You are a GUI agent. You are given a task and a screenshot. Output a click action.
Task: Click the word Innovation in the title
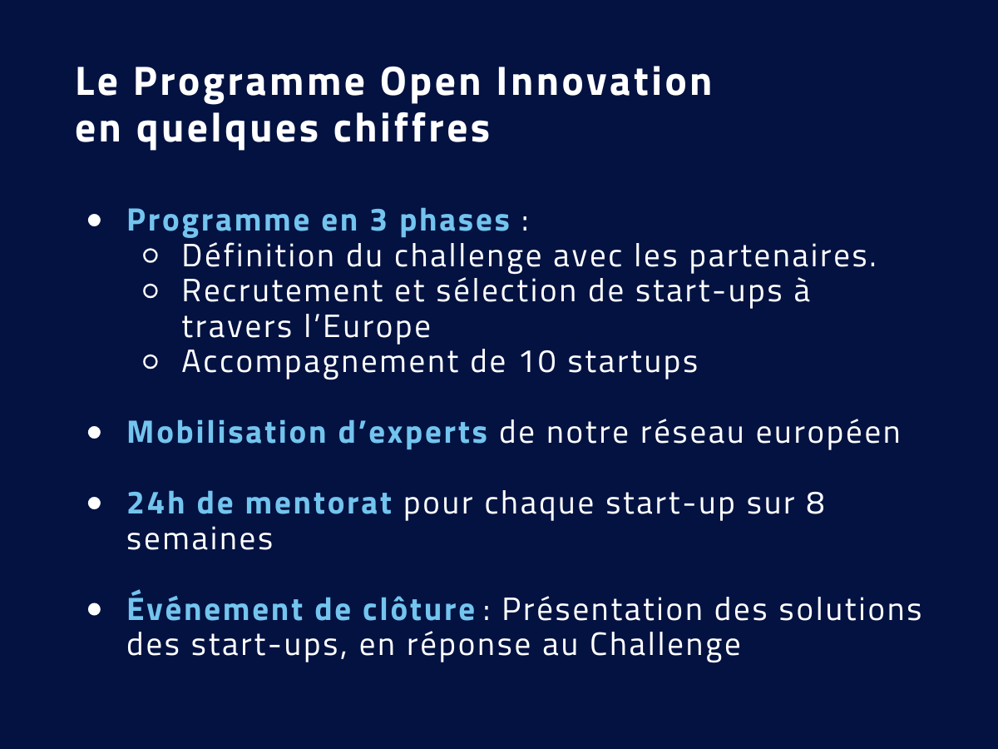pos(604,82)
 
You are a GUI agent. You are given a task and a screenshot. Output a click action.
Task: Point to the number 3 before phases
pos(378,221)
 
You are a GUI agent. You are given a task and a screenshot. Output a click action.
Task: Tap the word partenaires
pos(783,258)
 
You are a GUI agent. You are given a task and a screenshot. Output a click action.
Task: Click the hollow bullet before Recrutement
pos(151,291)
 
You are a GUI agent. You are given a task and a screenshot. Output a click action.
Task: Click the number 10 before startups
pos(538,362)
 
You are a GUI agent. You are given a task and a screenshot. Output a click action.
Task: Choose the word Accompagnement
pos(320,364)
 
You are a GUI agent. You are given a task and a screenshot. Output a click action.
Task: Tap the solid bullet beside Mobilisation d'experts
pos(95,433)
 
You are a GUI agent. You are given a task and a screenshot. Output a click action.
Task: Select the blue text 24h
pos(156,503)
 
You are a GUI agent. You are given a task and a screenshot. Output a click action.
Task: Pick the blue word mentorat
pos(319,503)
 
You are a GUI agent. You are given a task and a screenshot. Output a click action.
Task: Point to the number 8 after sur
pos(816,503)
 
